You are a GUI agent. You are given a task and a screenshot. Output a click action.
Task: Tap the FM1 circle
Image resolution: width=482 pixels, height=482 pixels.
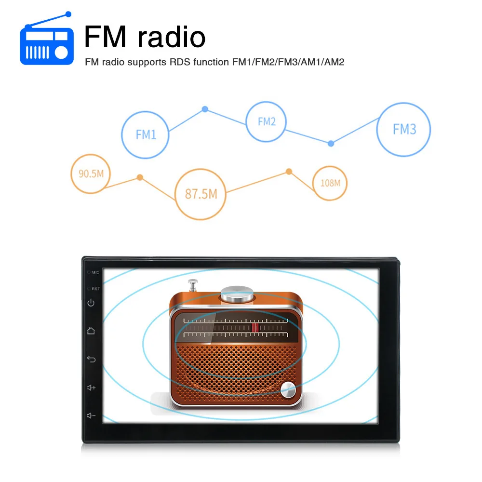[x=146, y=134]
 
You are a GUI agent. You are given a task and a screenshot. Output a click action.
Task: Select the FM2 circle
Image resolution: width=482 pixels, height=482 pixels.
[x=266, y=122]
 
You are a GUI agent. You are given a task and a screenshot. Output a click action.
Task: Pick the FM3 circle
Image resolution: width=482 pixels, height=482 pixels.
[x=403, y=129]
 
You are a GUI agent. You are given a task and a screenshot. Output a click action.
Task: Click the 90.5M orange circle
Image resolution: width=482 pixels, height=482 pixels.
[x=91, y=174]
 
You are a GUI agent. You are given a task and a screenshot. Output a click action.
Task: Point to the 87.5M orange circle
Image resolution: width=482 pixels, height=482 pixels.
[x=201, y=194]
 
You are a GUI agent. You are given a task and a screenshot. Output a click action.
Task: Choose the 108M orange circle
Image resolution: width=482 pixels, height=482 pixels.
[x=330, y=183]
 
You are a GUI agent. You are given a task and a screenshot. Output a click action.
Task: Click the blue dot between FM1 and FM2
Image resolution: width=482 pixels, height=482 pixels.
[x=205, y=109]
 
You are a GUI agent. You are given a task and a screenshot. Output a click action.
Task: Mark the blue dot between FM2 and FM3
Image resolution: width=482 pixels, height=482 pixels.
[x=331, y=143]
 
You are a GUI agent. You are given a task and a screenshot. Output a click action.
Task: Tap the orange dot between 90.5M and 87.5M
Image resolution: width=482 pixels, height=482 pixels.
[x=140, y=177]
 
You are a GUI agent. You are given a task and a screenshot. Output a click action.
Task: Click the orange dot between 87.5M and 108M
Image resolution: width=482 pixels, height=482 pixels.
[x=289, y=171]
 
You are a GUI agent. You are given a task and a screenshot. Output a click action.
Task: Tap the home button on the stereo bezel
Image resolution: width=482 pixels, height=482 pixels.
[x=91, y=331]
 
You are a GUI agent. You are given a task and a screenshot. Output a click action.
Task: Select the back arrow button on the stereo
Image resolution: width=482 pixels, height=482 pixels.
[x=91, y=359]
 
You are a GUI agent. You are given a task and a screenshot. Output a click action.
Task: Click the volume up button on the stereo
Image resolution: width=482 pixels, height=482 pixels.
[x=91, y=387]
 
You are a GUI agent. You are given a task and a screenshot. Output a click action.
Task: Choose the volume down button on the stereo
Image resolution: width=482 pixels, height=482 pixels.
[x=91, y=415]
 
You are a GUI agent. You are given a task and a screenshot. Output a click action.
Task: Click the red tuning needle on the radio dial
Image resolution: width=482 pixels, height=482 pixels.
[x=255, y=328]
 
